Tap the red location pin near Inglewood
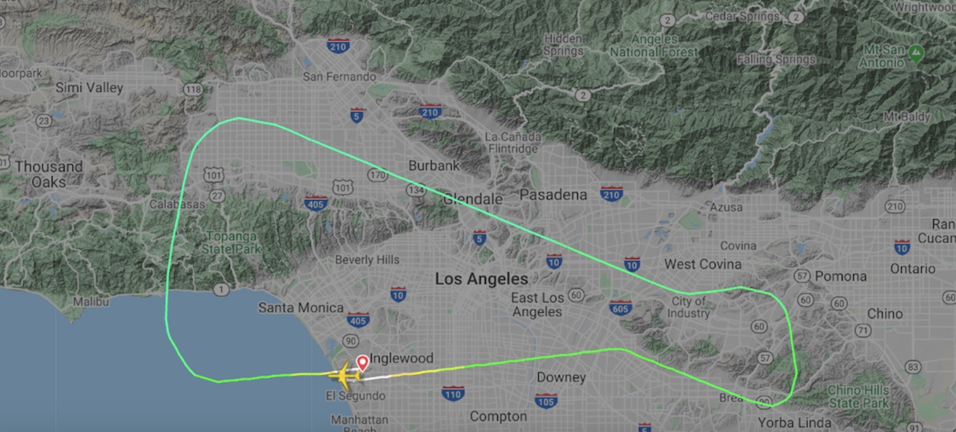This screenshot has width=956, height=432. tap(362, 362)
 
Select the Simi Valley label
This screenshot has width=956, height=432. tap(89, 88)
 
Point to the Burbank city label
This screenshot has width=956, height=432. tap(434, 166)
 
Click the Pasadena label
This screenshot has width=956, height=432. tap(553, 195)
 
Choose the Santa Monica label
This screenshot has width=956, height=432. tap(301, 307)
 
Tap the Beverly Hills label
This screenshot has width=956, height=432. tap(367, 259)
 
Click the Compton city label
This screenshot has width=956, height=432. tap(498, 417)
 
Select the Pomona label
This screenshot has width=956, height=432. tap(840, 276)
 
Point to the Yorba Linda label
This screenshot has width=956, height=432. tap(795, 422)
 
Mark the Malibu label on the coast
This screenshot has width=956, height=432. tap(91, 301)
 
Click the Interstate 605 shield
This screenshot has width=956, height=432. tap(621, 308)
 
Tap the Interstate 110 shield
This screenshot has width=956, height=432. tap(452, 392)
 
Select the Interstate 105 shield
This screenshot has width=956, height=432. tap(546, 401)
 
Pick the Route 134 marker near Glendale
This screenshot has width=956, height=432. tap(416, 190)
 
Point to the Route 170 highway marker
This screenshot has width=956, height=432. tap(378, 174)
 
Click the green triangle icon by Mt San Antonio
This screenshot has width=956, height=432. tap(916, 50)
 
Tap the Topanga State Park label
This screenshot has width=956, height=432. tap(231, 242)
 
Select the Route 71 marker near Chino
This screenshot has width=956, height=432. tap(863, 330)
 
